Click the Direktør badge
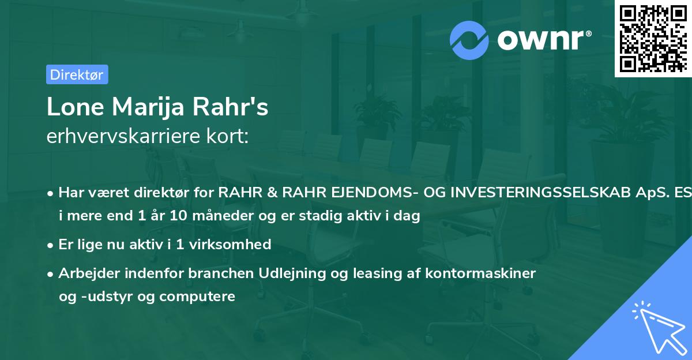[77, 74]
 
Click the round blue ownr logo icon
[469, 40]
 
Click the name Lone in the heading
[74, 108]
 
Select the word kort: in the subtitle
[230, 136]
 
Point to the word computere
[205, 297]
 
